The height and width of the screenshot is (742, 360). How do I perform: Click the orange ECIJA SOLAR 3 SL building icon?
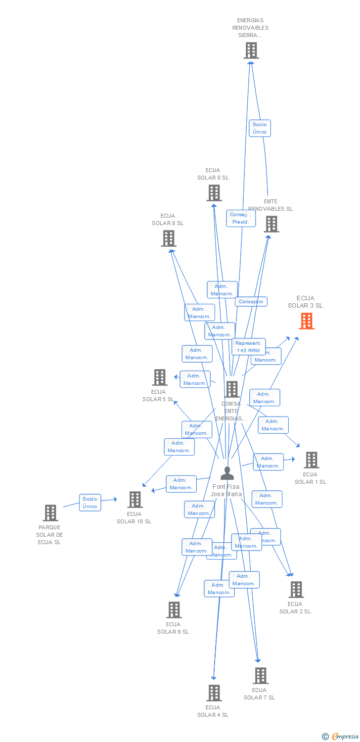[x=307, y=321]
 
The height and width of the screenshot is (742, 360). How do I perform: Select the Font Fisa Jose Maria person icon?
[x=227, y=473]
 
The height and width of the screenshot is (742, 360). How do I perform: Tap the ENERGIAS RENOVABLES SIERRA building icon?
[x=251, y=50]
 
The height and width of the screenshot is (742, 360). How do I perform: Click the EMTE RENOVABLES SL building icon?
[x=271, y=224]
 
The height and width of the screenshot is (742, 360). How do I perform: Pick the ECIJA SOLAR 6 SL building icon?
[x=214, y=193]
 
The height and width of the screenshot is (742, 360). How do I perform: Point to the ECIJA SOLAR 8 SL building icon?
[x=169, y=238]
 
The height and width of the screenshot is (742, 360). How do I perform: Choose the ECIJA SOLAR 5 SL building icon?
[x=159, y=377]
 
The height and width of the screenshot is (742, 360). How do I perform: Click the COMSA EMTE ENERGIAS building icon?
[x=232, y=389]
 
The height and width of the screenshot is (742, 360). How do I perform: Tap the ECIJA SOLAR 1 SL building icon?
[x=311, y=460]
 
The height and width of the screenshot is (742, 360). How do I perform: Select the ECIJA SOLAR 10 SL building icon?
[x=135, y=500]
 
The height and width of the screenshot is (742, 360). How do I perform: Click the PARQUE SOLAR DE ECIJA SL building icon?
[x=50, y=513]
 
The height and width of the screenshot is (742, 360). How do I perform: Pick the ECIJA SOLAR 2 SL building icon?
[x=296, y=590]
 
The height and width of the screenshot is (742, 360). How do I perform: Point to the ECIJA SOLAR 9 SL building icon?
[x=174, y=610]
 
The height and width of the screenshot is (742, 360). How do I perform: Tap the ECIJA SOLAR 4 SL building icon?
[x=214, y=693]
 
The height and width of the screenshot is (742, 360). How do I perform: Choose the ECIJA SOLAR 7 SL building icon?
[x=260, y=676]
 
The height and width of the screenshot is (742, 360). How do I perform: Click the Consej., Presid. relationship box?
[x=241, y=218]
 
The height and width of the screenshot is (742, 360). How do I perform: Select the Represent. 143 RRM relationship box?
[x=248, y=346]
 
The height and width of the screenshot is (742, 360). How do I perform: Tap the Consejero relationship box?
[x=251, y=301]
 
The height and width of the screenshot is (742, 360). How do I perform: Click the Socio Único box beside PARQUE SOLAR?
[x=90, y=502]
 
